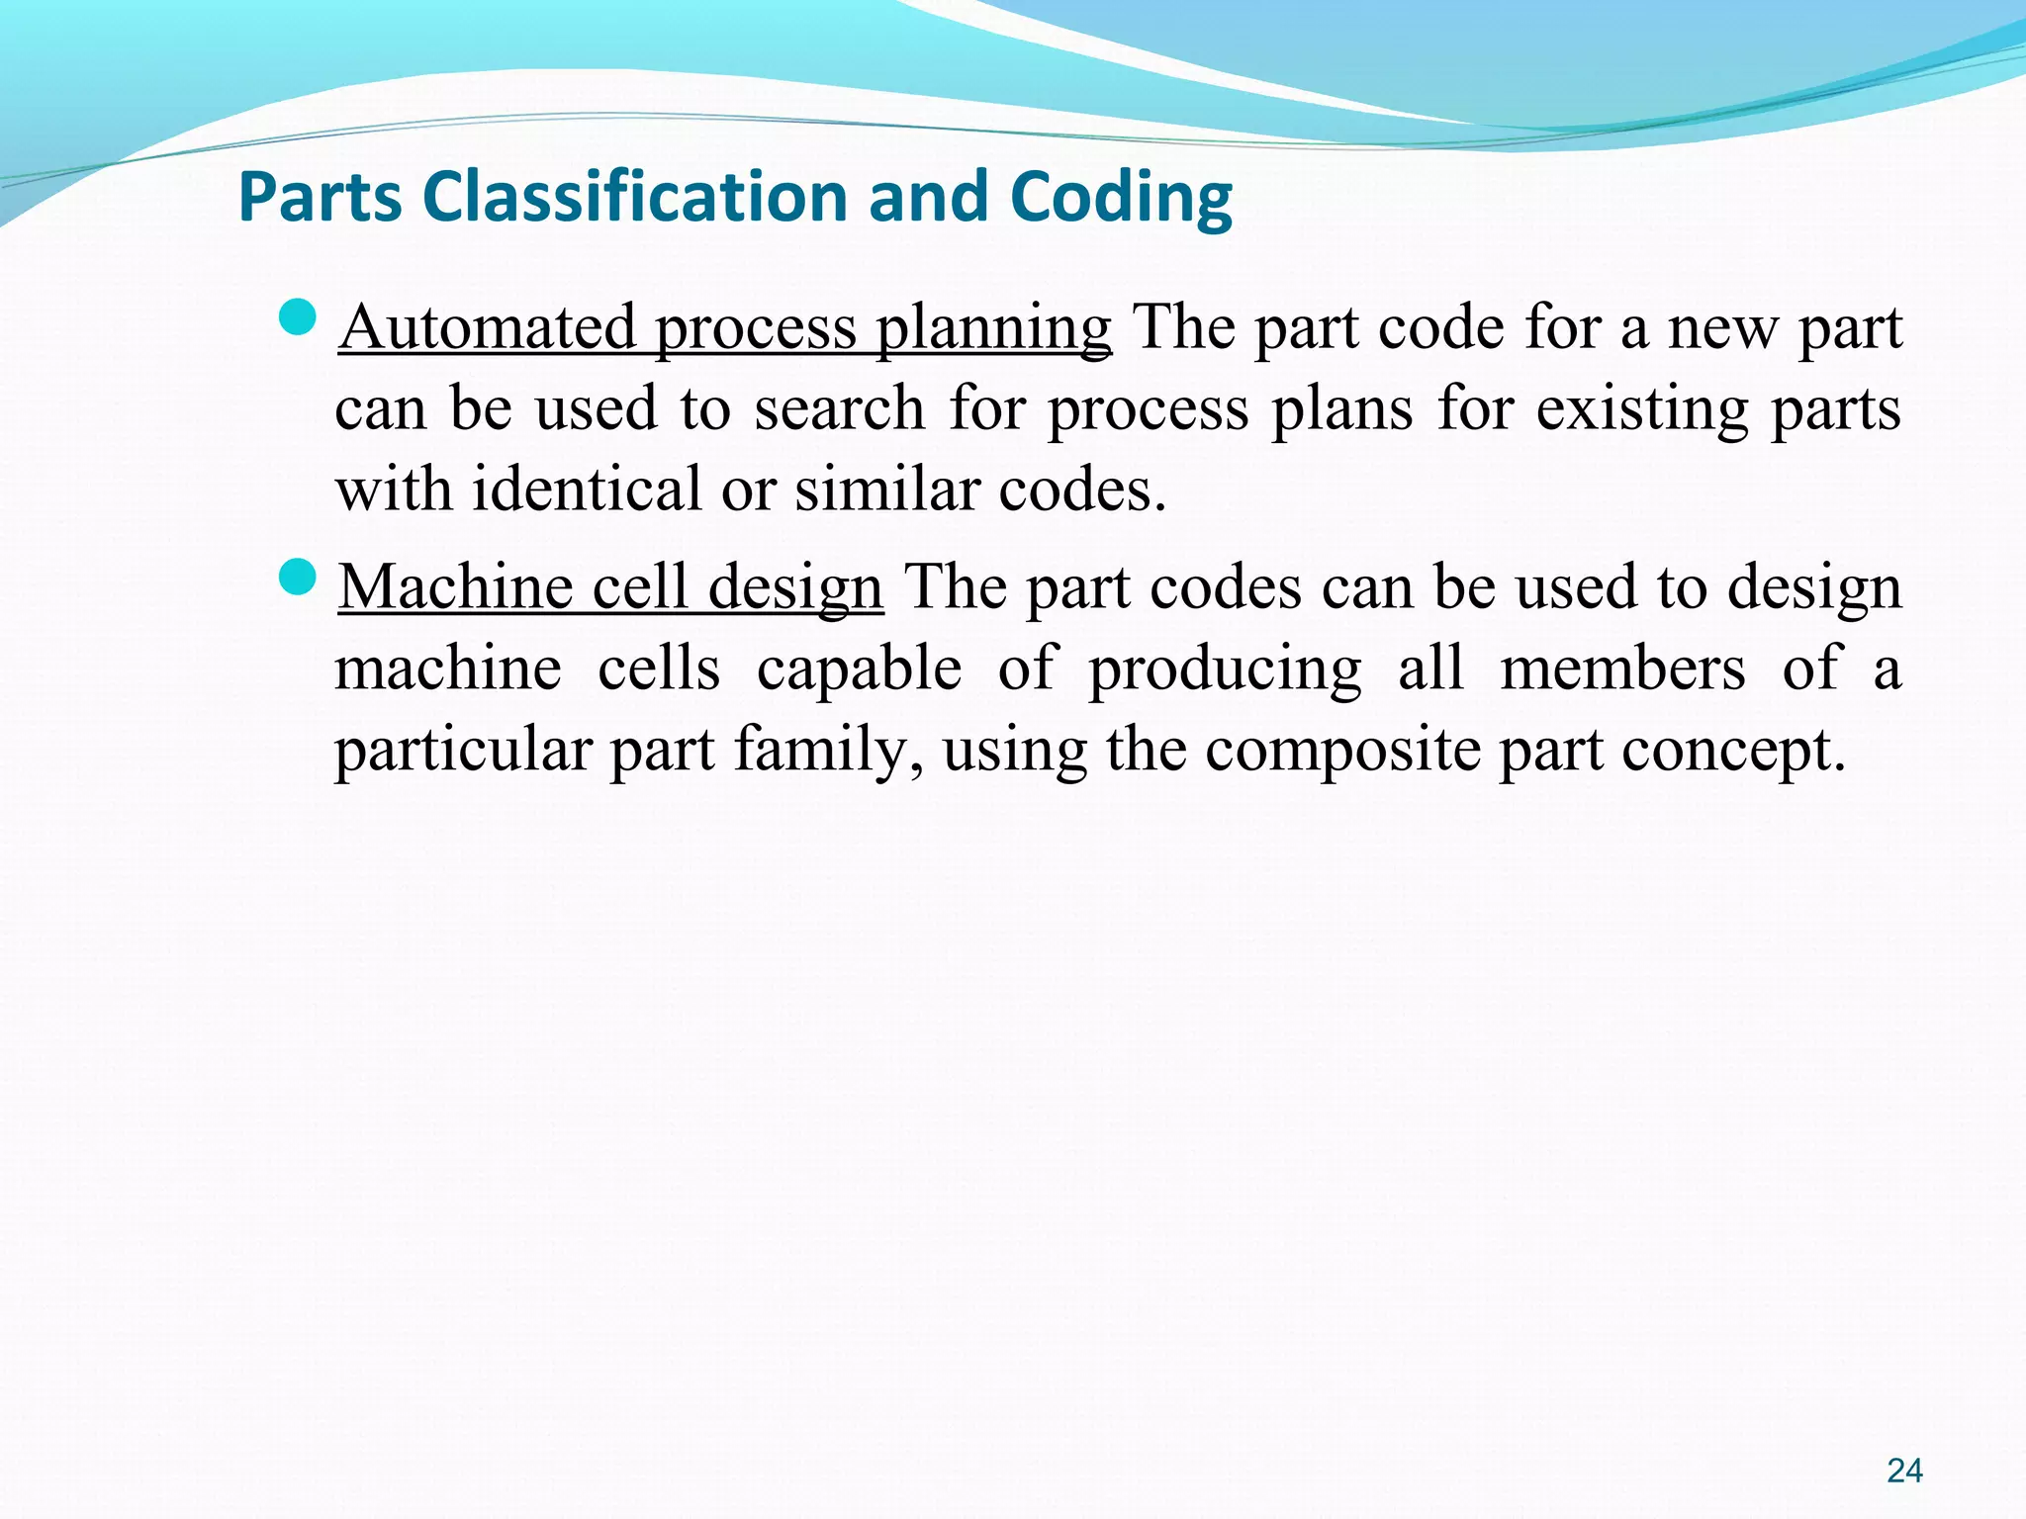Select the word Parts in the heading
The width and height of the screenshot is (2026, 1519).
[321, 198]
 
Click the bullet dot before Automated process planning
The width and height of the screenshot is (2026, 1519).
[297, 318]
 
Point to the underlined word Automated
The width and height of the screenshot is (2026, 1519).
[487, 327]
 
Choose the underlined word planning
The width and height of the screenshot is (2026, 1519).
[993, 329]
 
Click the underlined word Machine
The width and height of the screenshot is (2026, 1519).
[455, 587]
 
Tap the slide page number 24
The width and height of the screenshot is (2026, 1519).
[1904, 1471]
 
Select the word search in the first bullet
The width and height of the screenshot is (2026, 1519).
[839, 408]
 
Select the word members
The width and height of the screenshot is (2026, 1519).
[1622, 669]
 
